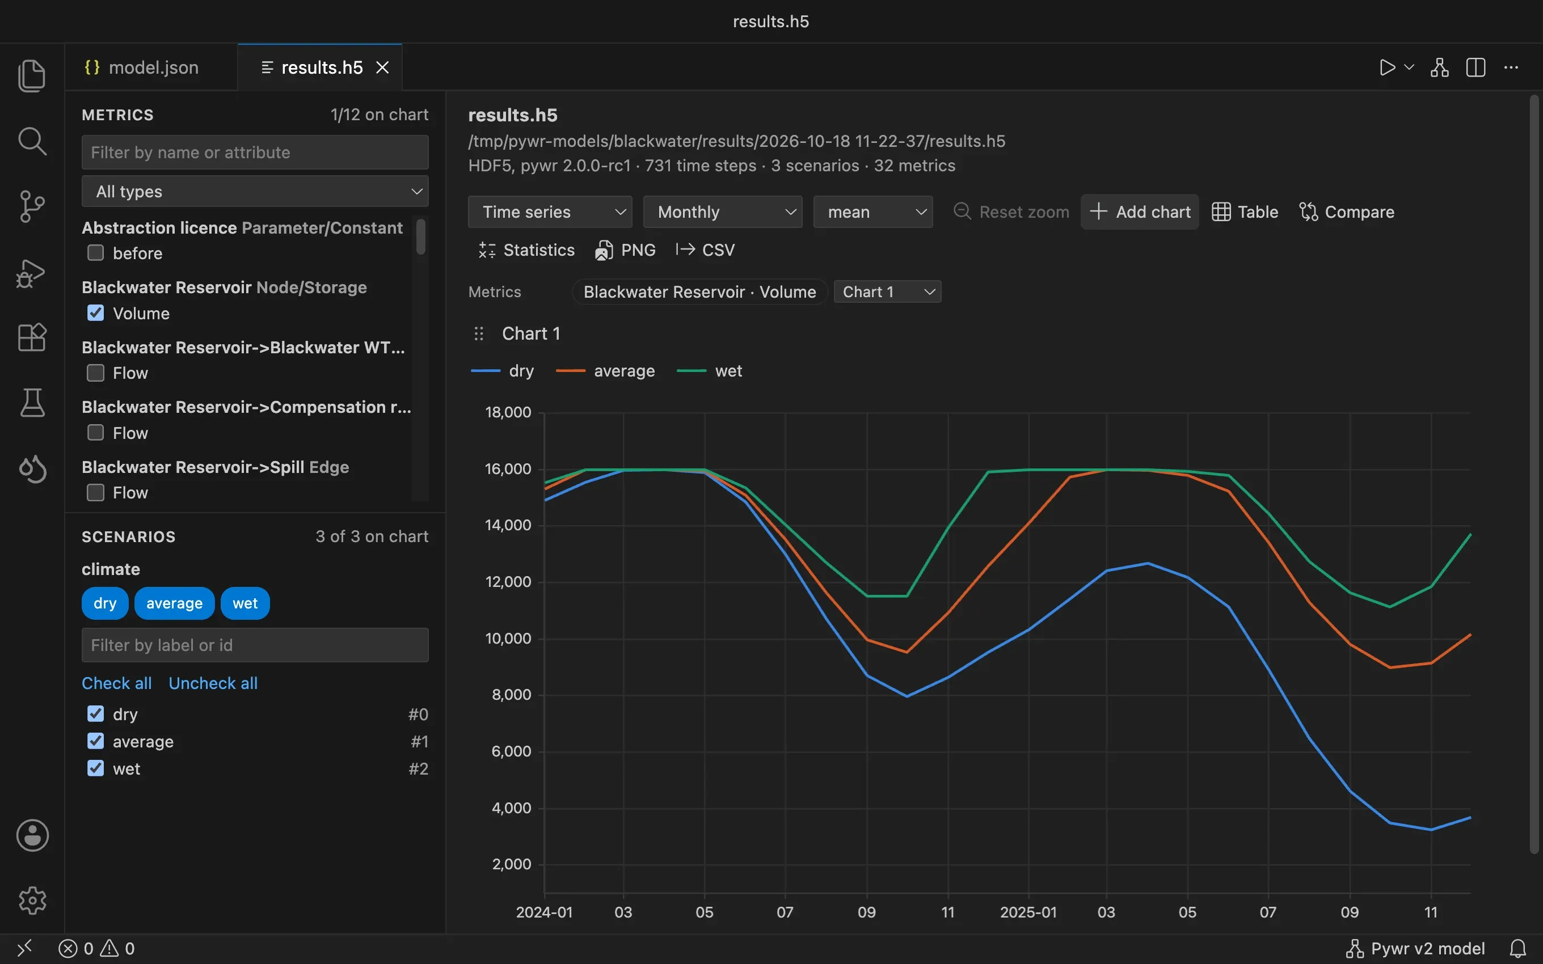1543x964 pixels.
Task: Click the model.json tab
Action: [142, 67]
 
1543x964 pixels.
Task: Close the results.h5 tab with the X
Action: [382, 67]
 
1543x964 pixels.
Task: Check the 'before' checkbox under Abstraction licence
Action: [96, 253]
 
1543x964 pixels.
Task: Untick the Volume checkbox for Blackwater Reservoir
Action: [96, 313]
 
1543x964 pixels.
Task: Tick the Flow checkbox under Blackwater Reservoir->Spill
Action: [96, 493]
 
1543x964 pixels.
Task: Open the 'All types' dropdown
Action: [255, 191]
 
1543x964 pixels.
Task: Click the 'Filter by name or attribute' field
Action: [255, 153]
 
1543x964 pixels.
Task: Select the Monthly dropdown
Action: [722, 212]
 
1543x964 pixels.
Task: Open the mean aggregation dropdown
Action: [873, 212]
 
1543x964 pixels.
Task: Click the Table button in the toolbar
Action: [1245, 212]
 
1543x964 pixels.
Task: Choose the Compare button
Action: [1347, 212]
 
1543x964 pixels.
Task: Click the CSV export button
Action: [705, 250]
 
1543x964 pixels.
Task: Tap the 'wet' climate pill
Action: [245, 603]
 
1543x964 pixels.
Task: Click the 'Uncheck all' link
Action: [213, 683]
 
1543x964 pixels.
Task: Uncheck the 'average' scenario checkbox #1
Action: [96, 741]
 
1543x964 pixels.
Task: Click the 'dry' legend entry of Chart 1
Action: [503, 371]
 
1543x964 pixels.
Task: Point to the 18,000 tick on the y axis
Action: [508, 412]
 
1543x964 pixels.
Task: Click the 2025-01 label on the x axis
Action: [1028, 912]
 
